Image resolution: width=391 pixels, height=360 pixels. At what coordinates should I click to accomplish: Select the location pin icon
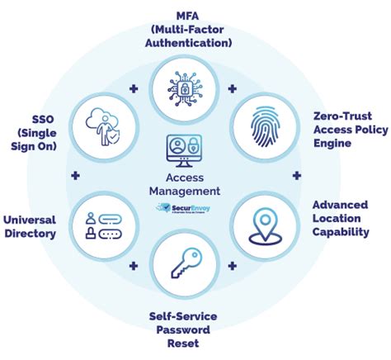pyautogui.click(x=261, y=223)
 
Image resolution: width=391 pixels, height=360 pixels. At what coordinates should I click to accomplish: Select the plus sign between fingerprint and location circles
pyautogui.click(x=297, y=176)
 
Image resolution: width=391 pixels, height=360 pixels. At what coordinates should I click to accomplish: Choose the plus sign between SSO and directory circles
pyautogui.click(x=75, y=176)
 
